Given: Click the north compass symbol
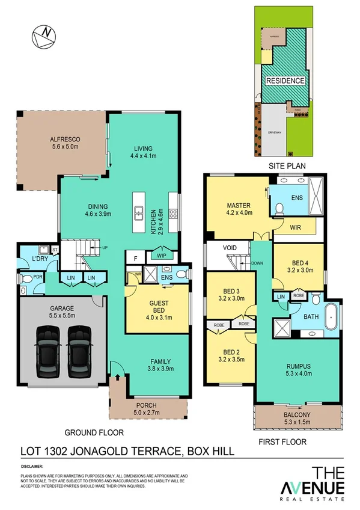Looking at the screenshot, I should point(43,37).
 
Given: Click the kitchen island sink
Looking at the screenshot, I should point(138,212).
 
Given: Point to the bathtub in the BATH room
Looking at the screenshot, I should point(331,316).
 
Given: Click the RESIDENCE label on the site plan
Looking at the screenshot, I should point(285,80).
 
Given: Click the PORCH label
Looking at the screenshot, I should point(146,405).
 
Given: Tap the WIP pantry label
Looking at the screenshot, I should point(161,255).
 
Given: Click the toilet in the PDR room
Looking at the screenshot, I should point(25,280).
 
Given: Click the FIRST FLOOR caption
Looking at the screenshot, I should point(283,442).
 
